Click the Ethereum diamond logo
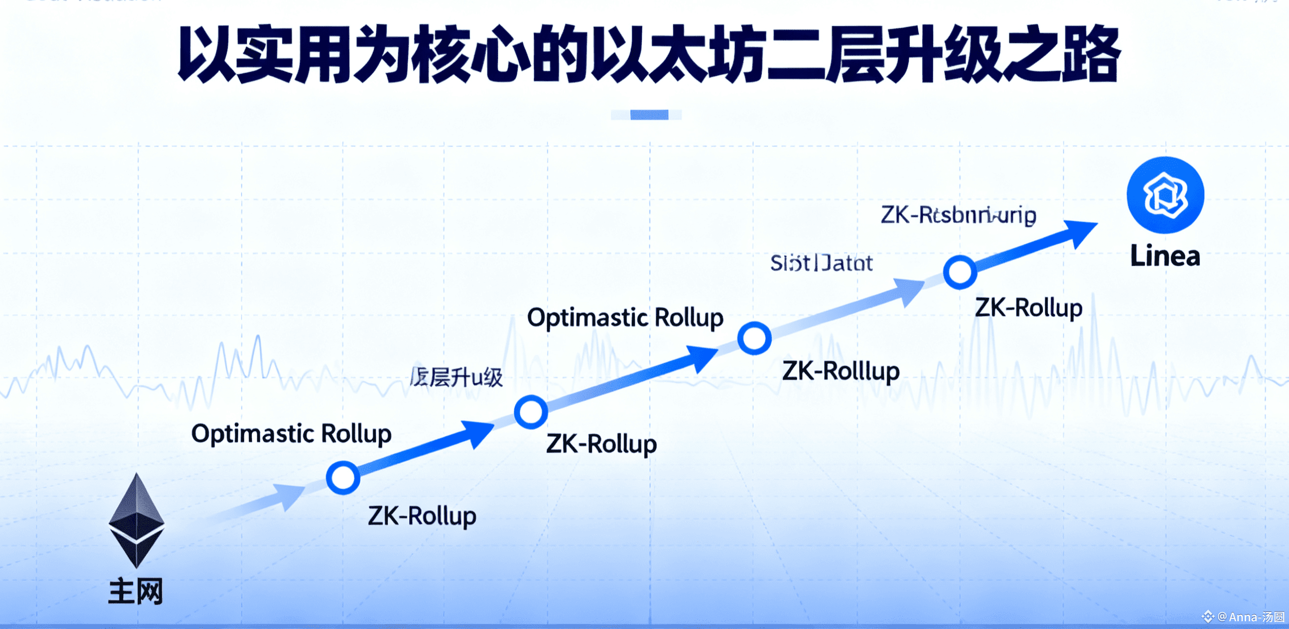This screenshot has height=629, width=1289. tap(136, 521)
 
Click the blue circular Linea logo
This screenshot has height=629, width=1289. tap(1165, 195)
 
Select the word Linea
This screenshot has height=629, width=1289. tap(1165, 256)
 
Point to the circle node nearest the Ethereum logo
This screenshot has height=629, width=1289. tap(343, 478)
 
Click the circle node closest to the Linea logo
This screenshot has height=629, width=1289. tap(960, 272)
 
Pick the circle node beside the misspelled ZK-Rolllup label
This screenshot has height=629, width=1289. tap(754, 338)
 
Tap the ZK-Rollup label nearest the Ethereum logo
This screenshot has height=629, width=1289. tap(422, 516)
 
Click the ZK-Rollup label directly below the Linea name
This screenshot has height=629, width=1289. tap(1028, 308)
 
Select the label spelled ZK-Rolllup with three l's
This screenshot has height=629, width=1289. tap(841, 371)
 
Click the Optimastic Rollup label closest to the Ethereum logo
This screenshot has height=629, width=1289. tap(291, 433)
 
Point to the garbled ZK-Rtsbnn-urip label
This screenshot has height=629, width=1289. tap(958, 216)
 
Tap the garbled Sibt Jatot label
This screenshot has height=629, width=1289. tap(821, 263)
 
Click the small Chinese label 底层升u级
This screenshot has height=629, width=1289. tap(456, 377)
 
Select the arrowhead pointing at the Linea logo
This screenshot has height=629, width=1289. tap(1081, 232)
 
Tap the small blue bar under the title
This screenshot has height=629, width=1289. tap(648, 115)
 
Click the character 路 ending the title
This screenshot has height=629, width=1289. tap(1091, 54)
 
